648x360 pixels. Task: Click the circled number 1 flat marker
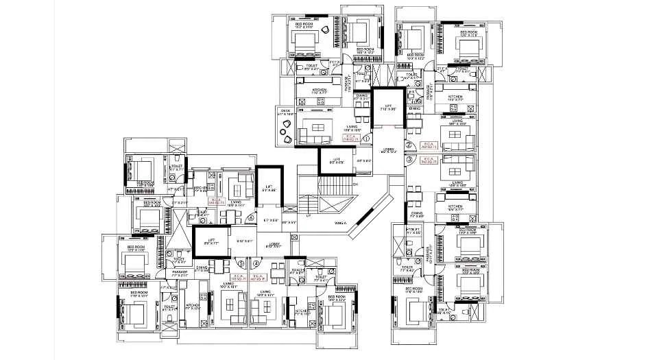coord(366,139)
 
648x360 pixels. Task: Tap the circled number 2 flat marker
coord(409,145)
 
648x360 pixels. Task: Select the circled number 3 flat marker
coord(409,160)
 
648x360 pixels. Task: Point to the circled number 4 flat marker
coord(256,262)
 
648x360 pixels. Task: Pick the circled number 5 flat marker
coord(241,262)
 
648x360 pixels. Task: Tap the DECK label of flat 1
coord(284,111)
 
